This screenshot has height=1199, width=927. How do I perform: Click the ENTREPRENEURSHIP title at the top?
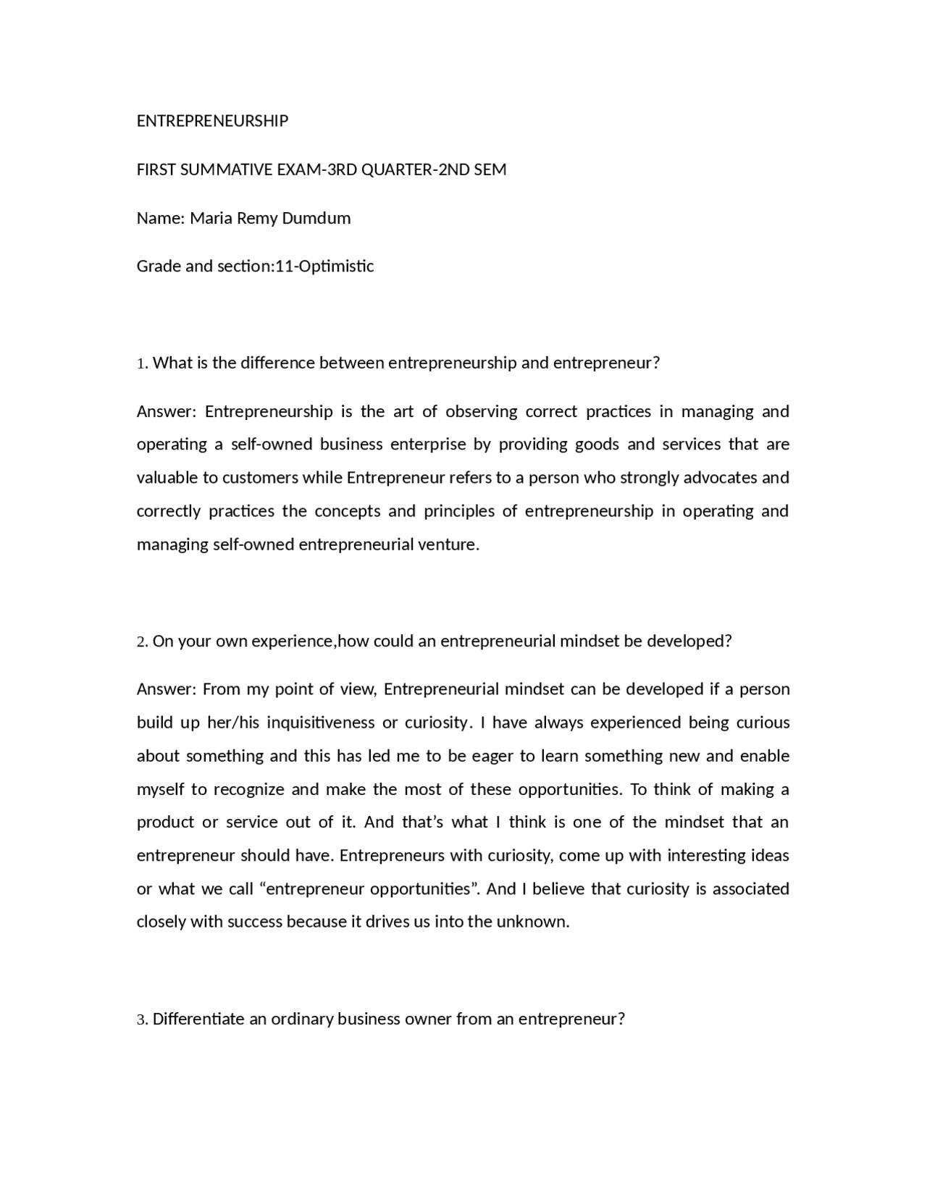pyautogui.click(x=212, y=121)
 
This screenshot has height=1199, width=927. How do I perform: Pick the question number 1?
pyautogui.click(x=141, y=363)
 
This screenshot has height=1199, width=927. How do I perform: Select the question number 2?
pyautogui.click(x=141, y=642)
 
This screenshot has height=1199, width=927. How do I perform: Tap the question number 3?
pyautogui.click(x=141, y=1020)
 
